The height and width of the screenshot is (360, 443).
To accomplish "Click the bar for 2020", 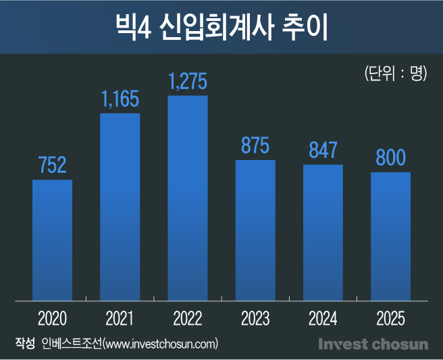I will click(x=53, y=240).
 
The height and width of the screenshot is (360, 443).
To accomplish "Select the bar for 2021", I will click(x=120, y=206).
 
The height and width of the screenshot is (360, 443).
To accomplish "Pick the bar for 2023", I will click(x=255, y=230).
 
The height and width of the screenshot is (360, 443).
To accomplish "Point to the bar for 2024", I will click(x=323, y=232).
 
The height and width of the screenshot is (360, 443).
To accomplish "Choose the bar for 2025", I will click(x=390, y=236).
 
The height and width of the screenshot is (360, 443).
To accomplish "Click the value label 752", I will click(x=53, y=165).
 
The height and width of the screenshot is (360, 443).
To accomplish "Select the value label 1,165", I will click(x=120, y=99).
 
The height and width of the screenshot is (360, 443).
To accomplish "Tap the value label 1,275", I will click(x=188, y=82).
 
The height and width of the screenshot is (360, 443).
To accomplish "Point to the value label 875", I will click(x=255, y=146).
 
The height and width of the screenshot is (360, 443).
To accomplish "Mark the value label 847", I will click(x=323, y=150).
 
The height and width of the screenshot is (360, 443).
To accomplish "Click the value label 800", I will click(x=390, y=158).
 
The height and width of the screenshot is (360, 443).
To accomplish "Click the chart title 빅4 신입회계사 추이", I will click(x=221, y=28).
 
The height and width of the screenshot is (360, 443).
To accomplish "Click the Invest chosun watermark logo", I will click(x=373, y=344).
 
